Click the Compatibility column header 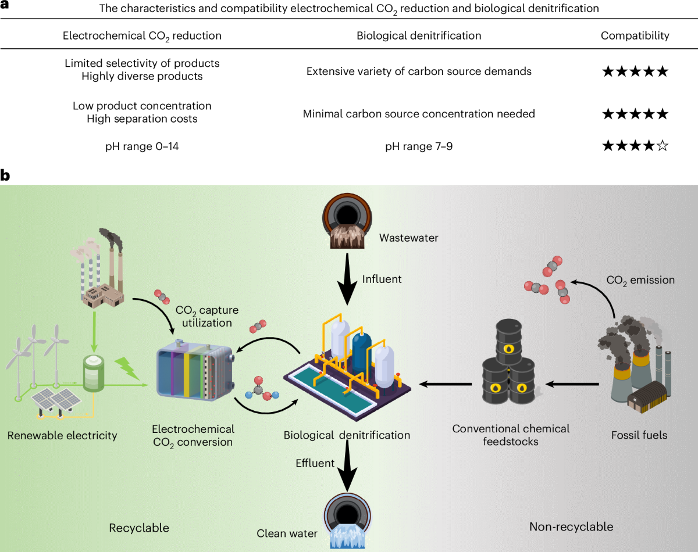click(x=635, y=36)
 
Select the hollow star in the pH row click(x=661, y=146)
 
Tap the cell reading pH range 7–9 click(x=419, y=146)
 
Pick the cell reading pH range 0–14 click(x=142, y=146)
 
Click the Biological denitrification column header click(x=419, y=36)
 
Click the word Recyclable click(x=139, y=528)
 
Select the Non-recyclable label click(x=571, y=527)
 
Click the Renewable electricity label click(x=62, y=435)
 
